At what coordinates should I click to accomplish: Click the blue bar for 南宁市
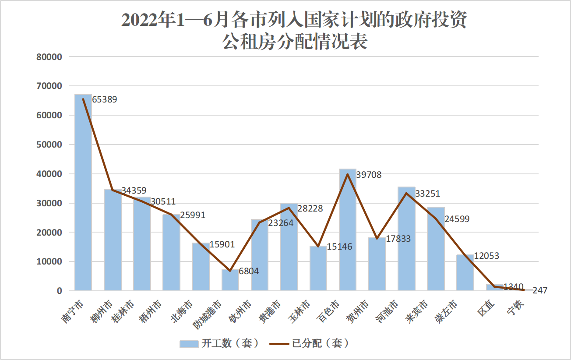pyautogui.click(x=83, y=193)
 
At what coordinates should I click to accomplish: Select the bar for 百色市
pyautogui.click(x=348, y=230)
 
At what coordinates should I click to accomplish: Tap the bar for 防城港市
pyautogui.click(x=230, y=280)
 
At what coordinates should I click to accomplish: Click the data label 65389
pyautogui.click(x=105, y=99)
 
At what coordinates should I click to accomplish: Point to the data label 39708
pyautogui.click(x=369, y=175)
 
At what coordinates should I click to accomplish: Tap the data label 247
pyautogui.click(x=540, y=290)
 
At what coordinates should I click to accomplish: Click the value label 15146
pyautogui.click(x=340, y=247)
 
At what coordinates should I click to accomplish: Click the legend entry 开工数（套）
pyautogui.click(x=219, y=343)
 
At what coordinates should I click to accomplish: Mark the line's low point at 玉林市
pyautogui.click(x=318, y=246)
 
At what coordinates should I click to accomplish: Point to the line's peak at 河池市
pyautogui.click(x=406, y=193)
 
